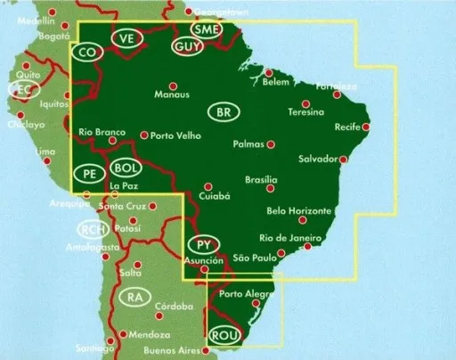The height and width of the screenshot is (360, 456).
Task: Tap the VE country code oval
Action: point(128,37)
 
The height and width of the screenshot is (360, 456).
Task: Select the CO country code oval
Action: point(87,53)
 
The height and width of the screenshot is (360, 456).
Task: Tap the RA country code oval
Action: point(134,297)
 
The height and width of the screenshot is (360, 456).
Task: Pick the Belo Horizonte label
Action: point(299,211)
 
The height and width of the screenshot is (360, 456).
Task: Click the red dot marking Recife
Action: point(366,127)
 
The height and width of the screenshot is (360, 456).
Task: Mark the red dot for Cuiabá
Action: point(208,186)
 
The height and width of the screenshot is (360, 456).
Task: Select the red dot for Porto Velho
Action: point(144,135)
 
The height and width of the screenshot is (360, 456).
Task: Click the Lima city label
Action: point(44,151)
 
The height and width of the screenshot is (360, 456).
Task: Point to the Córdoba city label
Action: point(174,307)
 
